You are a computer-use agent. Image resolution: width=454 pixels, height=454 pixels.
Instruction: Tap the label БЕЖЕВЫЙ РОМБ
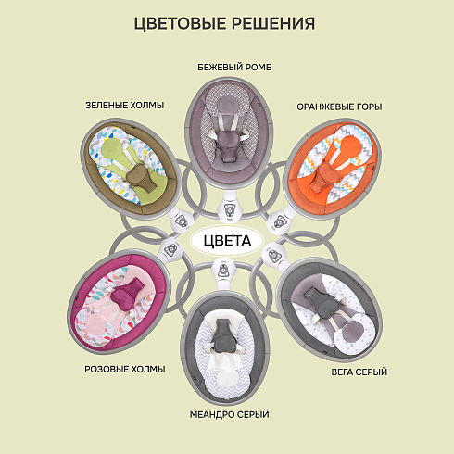[234, 68]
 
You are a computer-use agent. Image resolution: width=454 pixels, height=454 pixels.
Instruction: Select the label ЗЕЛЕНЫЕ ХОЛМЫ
[124, 106]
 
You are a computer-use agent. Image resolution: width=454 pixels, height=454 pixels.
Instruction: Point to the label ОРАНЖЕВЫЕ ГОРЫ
[339, 107]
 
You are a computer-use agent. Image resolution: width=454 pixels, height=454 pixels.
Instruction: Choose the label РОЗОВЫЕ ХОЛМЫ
[125, 369]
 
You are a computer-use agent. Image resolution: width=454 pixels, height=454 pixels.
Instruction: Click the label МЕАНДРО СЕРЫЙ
[230, 414]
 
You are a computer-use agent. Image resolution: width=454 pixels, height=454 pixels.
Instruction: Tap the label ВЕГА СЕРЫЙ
[359, 372]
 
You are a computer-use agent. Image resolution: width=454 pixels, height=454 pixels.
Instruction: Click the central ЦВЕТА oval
[227, 241]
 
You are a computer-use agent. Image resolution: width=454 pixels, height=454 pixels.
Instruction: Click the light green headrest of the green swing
[111, 146]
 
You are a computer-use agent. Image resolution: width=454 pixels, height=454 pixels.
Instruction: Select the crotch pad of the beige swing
[228, 145]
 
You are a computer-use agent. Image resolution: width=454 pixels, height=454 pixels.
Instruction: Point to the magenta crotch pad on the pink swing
[126, 292]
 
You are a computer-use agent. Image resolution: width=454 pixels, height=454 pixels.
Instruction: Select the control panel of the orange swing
[280, 221]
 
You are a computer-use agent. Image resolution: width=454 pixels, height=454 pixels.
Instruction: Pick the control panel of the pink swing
[170, 250]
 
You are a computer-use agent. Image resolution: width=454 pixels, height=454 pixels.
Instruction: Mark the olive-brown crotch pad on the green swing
[140, 179]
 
